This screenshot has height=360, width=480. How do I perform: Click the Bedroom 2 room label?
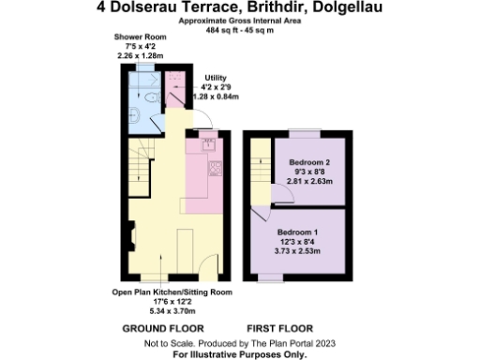coord(308,162)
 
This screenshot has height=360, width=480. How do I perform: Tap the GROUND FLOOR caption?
coord(163,329)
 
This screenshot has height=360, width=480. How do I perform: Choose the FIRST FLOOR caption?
coord(278,329)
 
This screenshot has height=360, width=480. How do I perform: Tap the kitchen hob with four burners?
coord(216,169)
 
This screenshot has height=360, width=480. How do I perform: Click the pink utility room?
coord(176,94)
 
